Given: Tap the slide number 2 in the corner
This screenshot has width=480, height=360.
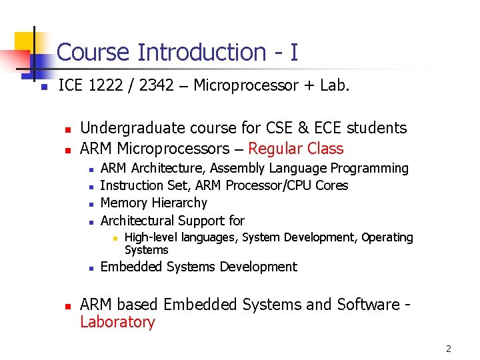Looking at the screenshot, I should [449, 349].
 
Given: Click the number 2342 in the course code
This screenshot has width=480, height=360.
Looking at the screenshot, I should [158, 85].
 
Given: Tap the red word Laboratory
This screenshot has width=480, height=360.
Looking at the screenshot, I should [117, 322].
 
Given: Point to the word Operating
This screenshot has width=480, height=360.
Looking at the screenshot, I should [387, 237].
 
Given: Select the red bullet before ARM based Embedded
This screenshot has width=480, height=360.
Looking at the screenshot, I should [67, 306].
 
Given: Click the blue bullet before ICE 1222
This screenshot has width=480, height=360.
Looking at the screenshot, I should [42, 87].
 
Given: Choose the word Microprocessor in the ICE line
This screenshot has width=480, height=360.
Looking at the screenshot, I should [246, 85].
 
